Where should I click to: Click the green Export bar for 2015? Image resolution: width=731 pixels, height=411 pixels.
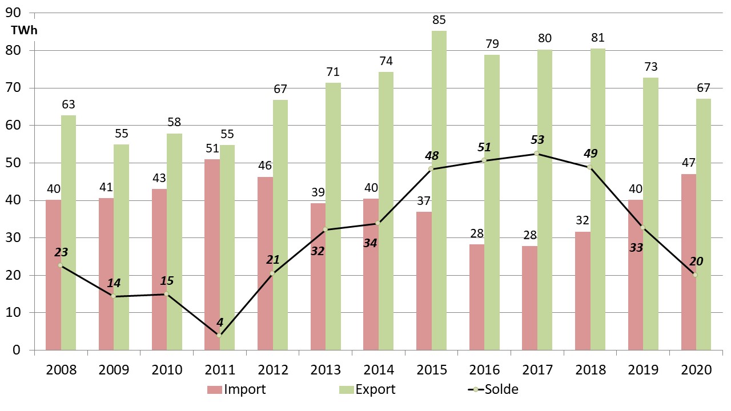(439, 190)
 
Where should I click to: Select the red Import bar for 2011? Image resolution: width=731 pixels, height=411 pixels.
(212, 255)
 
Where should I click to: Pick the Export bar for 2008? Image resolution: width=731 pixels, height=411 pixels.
(69, 232)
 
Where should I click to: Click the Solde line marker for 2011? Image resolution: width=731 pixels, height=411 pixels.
(220, 335)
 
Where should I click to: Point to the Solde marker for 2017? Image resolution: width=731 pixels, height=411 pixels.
(537, 153)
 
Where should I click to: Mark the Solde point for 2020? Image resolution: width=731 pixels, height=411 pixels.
(696, 275)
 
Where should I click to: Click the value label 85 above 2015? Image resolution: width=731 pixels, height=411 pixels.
(439, 21)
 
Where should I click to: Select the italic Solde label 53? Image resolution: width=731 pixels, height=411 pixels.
(537, 140)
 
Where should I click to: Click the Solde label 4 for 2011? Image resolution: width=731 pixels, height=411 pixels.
(220, 322)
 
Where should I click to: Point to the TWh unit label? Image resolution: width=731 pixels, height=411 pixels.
(23, 31)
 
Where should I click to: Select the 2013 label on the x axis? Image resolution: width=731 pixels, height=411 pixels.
(326, 370)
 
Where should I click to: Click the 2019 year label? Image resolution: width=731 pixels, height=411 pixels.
(643, 370)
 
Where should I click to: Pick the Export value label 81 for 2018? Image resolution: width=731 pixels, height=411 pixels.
(597, 38)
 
